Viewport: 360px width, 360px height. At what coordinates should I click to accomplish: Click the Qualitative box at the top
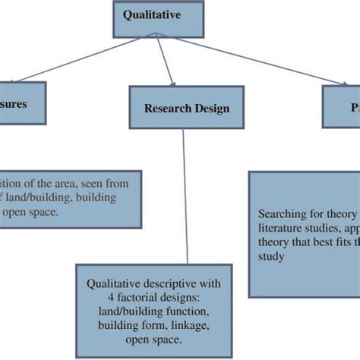coord(158,17)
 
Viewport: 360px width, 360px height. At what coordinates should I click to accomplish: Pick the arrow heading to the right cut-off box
coord(251,60)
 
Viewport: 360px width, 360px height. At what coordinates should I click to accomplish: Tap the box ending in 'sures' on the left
coord(23,103)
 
